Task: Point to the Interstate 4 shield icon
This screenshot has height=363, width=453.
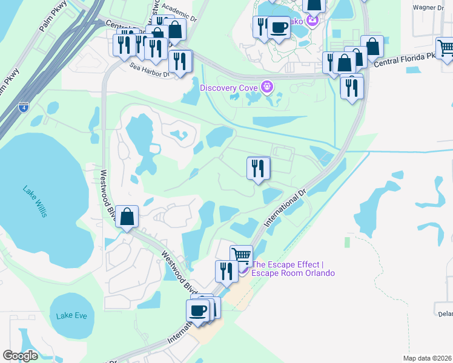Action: point(23,108)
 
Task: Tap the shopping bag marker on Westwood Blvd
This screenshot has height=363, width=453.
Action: point(127,216)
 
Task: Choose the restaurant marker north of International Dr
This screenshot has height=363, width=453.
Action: point(259,167)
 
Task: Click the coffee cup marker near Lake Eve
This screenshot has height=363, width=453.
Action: point(197,310)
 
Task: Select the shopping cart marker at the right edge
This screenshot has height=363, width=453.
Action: point(446,47)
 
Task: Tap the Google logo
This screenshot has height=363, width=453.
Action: point(21,356)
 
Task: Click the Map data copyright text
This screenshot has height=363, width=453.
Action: point(427,358)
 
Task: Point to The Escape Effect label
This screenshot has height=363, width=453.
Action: point(293,269)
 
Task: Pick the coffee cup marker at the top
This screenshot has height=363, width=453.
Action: point(279,27)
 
